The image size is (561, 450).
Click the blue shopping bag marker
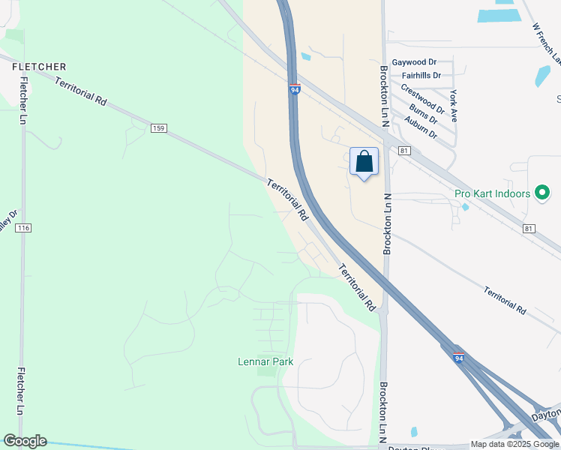click(364, 162)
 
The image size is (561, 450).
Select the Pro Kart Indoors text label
click(492, 193)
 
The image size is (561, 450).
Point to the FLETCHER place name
click(39, 67)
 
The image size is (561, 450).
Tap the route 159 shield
click(158, 128)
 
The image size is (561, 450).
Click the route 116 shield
click(22, 227)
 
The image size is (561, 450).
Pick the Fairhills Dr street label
click(421, 76)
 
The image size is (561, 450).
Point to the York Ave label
click(454, 106)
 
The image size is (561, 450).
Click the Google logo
click(25, 441)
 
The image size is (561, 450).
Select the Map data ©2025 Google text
click(514, 444)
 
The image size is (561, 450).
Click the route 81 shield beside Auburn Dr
click(405, 151)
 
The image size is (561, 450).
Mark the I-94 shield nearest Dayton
click(458, 358)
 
